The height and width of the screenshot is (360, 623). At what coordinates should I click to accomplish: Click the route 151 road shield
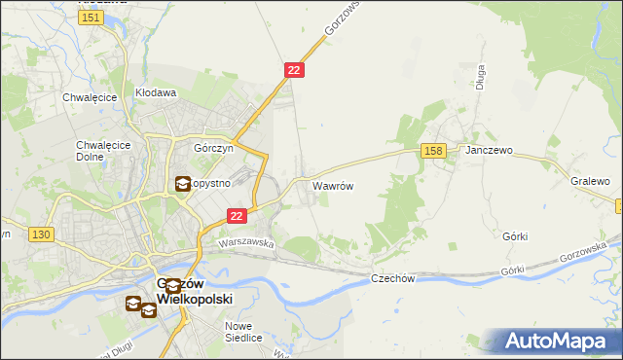pyautogui.click(x=91, y=18)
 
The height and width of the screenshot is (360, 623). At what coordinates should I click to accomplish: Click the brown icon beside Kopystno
pyautogui.click(x=182, y=183)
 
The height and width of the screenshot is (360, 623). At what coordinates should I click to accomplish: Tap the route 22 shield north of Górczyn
pyautogui.click(x=295, y=70)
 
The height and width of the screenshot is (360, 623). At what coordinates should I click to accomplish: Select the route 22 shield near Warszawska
pyautogui.click(x=236, y=216)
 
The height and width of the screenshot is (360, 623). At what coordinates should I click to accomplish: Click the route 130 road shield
pyautogui.click(x=41, y=234)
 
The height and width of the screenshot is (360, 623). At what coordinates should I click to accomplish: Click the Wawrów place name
pyautogui.click(x=332, y=185)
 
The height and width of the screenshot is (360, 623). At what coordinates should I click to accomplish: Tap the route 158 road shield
pyautogui.click(x=434, y=150)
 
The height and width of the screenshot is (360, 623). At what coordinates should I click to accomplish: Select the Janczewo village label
pyautogui.click(x=489, y=152)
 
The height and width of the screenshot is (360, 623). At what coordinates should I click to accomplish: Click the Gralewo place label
pyautogui.click(x=590, y=182)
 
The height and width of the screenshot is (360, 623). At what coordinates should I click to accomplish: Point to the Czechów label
pyautogui.click(x=393, y=278)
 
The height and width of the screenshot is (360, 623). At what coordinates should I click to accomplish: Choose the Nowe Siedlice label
pyautogui.click(x=244, y=332)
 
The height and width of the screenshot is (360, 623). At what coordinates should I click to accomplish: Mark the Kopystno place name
pyautogui.click(x=210, y=183)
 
